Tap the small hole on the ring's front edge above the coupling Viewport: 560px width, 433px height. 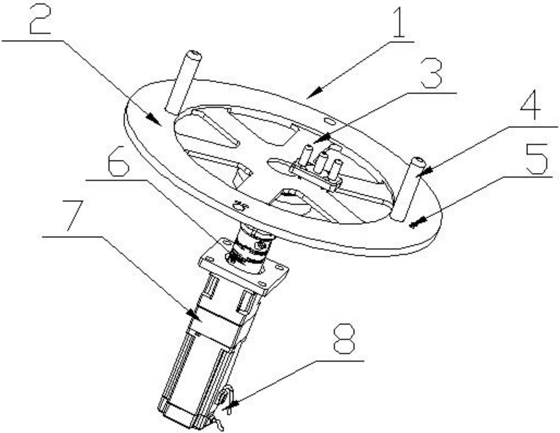pos(239,205)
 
